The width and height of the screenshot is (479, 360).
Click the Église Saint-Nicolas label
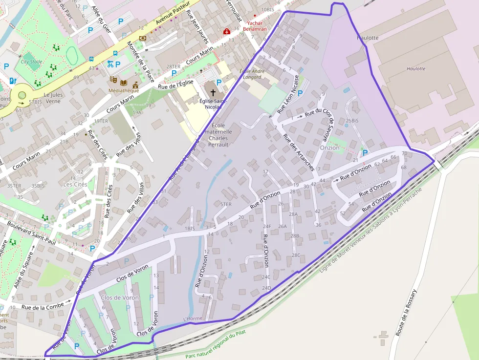pos(212,103)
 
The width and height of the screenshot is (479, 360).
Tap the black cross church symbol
pos(213,91)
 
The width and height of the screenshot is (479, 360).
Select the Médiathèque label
pos(124,90)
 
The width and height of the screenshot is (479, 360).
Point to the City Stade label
pos(31,62)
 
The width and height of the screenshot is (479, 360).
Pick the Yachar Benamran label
pos(256,26)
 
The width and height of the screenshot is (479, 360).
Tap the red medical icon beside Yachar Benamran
pos(227,31)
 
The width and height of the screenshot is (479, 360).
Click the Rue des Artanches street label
pos(298,152)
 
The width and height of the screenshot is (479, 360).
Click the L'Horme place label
pos(192,319)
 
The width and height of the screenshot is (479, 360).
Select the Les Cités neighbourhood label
pos(75,184)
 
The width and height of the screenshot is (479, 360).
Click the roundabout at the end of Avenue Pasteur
pos(22,95)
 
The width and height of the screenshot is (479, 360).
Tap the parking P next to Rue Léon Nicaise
pos(300,93)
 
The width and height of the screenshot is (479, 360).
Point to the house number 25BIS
pos(352,120)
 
